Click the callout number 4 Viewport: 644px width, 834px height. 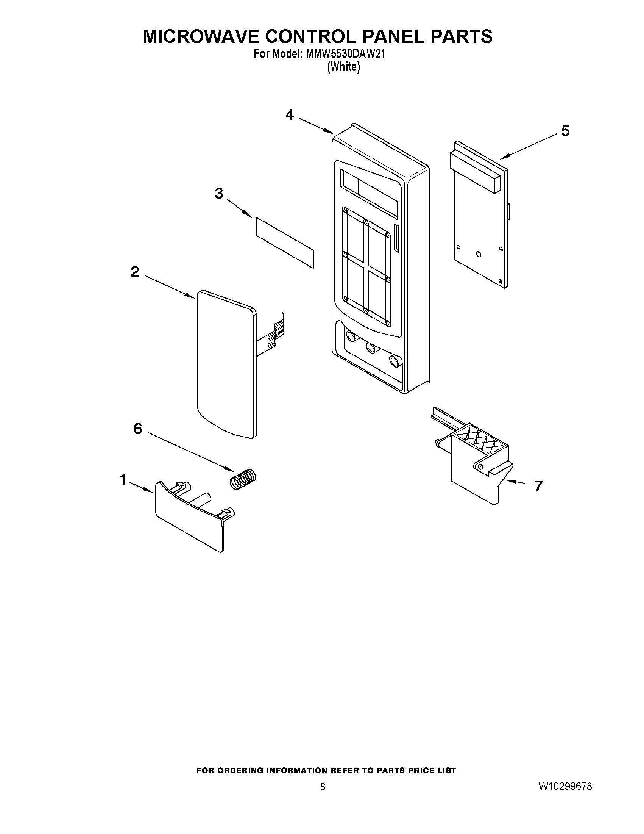point(290,114)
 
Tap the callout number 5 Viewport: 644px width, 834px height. point(565,131)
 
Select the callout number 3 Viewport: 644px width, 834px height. point(219,193)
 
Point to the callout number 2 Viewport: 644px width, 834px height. point(135,272)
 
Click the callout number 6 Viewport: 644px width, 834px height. point(137,429)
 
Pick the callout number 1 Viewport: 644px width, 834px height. point(123,480)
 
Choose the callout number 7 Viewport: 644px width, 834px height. point(538,486)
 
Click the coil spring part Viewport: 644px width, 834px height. point(243,478)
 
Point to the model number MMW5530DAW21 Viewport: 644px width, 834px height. point(345,54)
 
